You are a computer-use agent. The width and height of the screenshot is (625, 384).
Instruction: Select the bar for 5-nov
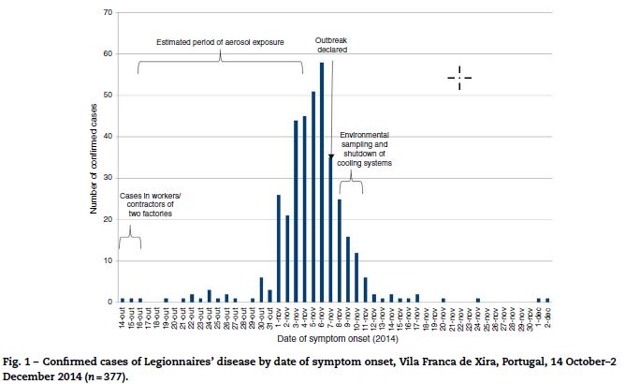click(313, 197)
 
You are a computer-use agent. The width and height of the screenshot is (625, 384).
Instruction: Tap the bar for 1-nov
click(278, 248)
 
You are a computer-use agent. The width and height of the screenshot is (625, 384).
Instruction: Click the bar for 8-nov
click(340, 251)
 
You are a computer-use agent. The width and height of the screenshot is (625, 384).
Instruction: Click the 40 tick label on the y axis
click(109, 137)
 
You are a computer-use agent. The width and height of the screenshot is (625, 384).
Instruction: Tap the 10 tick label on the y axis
click(109, 260)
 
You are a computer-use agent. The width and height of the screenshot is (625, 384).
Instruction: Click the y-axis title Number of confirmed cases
click(94, 157)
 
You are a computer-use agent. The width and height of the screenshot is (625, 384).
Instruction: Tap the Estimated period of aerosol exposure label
click(221, 41)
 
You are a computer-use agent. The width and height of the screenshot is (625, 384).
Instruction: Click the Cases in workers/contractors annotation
click(145, 204)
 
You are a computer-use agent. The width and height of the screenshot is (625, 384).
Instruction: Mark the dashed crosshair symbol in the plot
click(458, 78)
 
